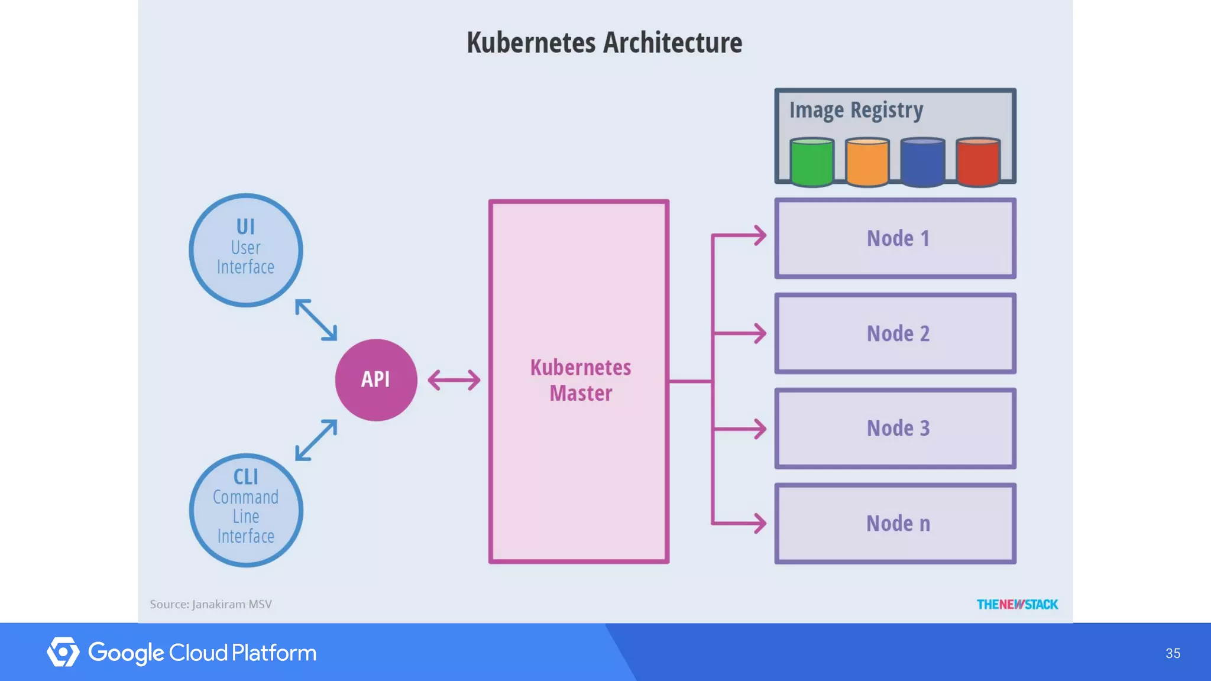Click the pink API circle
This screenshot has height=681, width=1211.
point(376,380)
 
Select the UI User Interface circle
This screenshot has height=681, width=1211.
point(246,250)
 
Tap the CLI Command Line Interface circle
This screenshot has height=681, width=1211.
point(246,510)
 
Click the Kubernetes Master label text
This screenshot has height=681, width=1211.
point(580,380)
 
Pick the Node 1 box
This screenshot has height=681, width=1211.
point(895,238)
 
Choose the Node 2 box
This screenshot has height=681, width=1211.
point(895,333)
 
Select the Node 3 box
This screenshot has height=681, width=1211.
point(895,428)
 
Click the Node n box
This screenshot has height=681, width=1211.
point(895,523)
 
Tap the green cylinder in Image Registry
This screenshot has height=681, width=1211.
point(812,163)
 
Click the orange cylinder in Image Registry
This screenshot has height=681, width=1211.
point(867,163)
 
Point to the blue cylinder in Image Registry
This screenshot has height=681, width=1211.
point(922,163)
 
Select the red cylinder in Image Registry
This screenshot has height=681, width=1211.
point(978,163)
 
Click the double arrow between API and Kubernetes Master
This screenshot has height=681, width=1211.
point(454,380)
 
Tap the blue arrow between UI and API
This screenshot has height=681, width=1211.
point(316,320)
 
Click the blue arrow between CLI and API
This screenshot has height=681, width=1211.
point(316,440)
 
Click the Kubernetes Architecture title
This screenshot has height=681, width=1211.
point(604,43)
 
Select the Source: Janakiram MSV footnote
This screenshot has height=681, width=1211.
point(211,604)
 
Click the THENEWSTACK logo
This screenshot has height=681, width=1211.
point(1017,604)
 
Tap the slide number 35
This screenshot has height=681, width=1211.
point(1173,653)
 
